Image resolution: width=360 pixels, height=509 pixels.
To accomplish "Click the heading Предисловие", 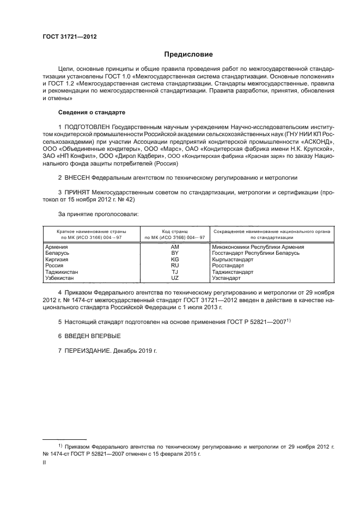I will pyautogui.click(x=189, y=54).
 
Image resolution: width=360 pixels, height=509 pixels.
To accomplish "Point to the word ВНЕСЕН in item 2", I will pyautogui.click(x=77, y=177).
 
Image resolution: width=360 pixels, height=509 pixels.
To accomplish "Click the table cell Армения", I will pyautogui.click(x=56, y=247).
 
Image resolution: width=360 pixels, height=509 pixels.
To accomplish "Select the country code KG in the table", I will pyautogui.click(x=175, y=260).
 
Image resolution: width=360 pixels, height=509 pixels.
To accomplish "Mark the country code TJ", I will pyautogui.click(x=175, y=272).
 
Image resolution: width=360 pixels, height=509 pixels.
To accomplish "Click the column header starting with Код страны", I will pyautogui.click(x=175, y=234).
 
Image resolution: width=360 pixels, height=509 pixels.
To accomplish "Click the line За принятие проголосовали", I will pyautogui.click(x=91, y=214).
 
